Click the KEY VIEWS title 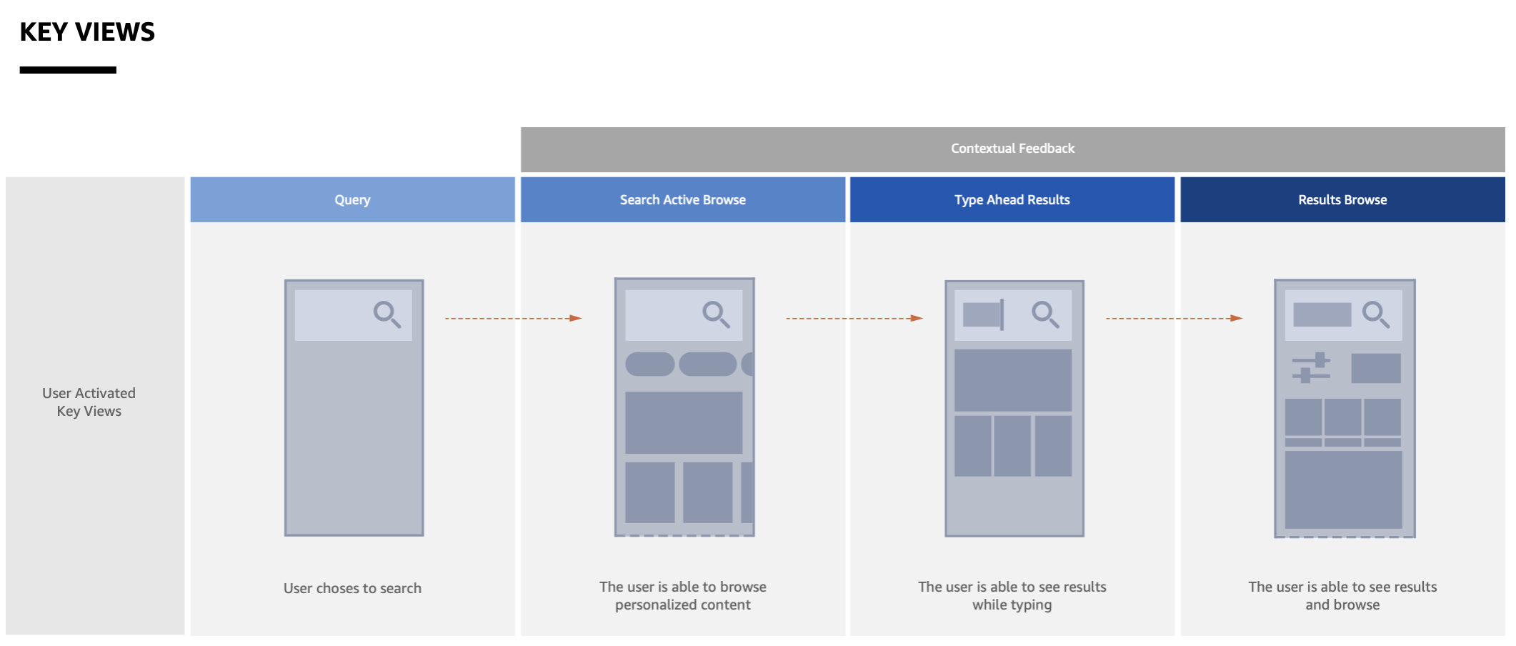(x=87, y=32)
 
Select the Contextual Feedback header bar (x=1012, y=149)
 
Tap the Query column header (x=352, y=200)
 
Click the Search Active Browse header (x=682, y=200)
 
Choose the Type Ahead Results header (x=1012, y=200)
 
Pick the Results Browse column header (x=1342, y=200)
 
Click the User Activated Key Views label (x=89, y=402)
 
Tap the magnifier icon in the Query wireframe (x=387, y=314)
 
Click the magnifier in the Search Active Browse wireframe (x=716, y=314)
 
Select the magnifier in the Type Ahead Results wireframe (x=1045, y=314)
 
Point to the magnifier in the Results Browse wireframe (x=1375, y=314)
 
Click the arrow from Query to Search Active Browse (x=514, y=318)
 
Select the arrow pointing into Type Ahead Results (x=854, y=318)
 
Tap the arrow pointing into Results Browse (x=1175, y=318)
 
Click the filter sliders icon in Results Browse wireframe (x=1311, y=367)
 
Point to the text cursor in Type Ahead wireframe (x=1002, y=314)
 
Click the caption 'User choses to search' (x=352, y=588)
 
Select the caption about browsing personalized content (x=682, y=595)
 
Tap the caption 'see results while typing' (x=1012, y=595)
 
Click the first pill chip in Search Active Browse (x=649, y=364)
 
